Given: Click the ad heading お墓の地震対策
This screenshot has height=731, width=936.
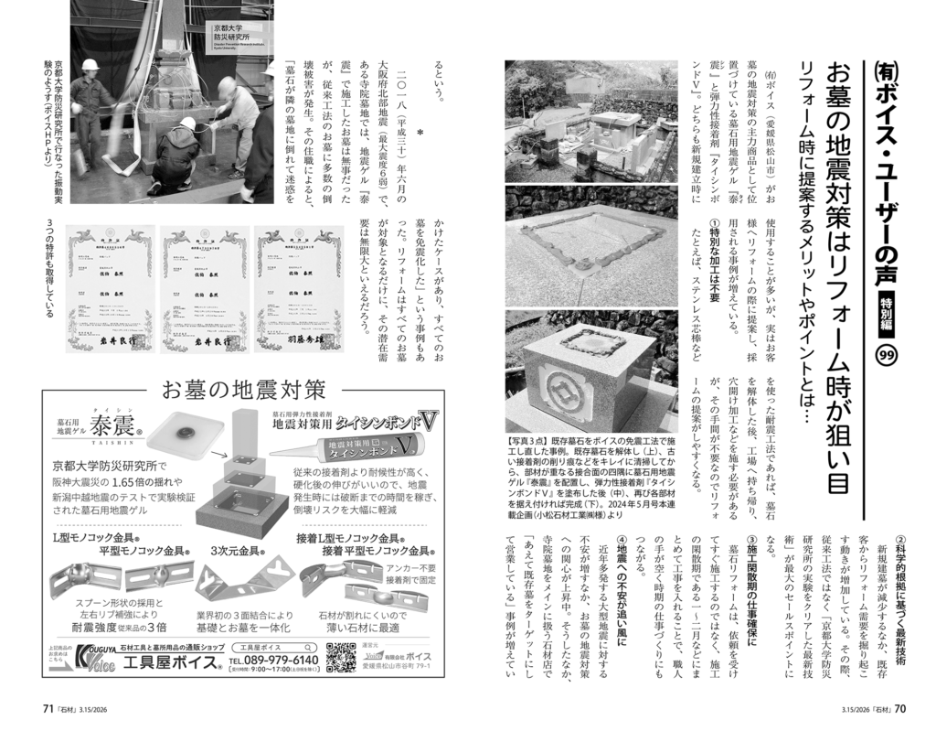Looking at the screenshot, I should tap(243, 390).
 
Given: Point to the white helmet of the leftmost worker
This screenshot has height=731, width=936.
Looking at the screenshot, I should tap(90, 67).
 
